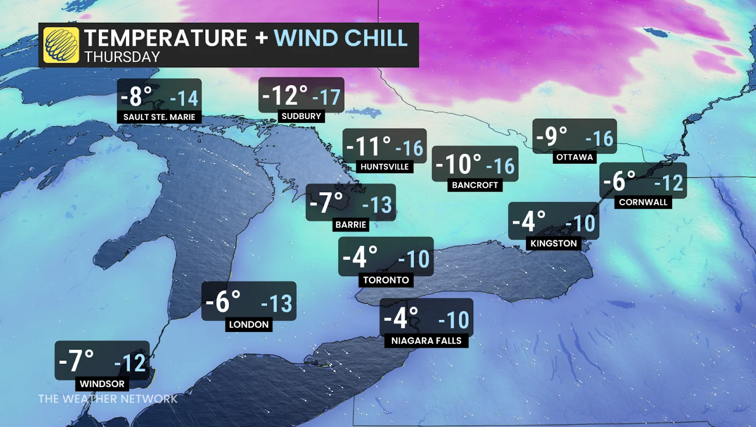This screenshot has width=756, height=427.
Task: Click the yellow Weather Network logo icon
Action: click(x=61, y=45)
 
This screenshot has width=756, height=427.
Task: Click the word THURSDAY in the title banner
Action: click(x=122, y=57)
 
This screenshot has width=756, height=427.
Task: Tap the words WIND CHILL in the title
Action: click(x=341, y=38)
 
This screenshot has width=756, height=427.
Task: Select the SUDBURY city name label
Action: click(x=301, y=116)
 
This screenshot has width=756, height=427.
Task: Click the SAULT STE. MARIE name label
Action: click(x=159, y=117)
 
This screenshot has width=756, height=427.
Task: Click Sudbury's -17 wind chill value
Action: click(x=327, y=98)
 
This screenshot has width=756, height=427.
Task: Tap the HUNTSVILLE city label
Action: click(x=385, y=167)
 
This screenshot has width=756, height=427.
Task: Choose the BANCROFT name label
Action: click(x=475, y=185)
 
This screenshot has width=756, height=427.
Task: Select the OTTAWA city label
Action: click(x=574, y=157)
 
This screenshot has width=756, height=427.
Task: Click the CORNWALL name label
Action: click(x=643, y=202)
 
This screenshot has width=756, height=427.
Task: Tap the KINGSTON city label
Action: click(x=553, y=243)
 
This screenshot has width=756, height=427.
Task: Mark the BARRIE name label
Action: click(x=351, y=224)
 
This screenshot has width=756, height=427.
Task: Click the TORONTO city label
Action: click(x=386, y=280)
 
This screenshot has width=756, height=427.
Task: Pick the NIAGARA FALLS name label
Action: click(x=426, y=341)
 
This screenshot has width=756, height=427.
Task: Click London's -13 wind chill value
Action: click(x=277, y=304)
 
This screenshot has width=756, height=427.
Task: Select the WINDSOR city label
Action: click(x=102, y=384)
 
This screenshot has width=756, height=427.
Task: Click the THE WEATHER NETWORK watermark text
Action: click(x=108, y=399)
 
